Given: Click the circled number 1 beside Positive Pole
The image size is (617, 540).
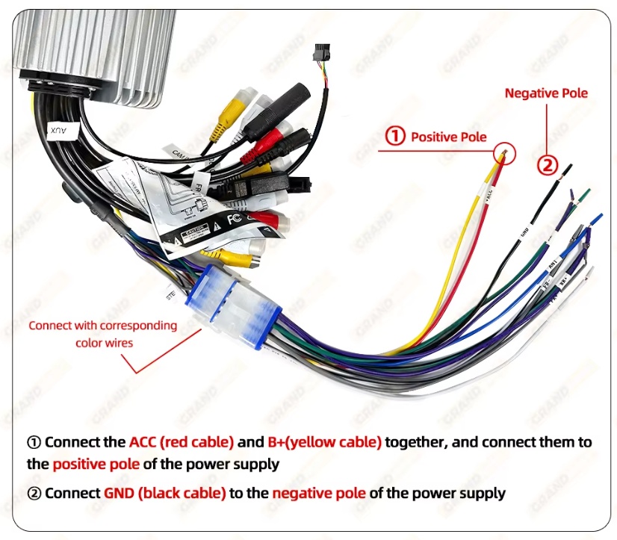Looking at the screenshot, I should [x=394, y=137].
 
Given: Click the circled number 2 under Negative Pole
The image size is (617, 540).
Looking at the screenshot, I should [x=548, y=164].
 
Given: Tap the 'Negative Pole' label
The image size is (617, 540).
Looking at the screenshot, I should [x=546, y=93].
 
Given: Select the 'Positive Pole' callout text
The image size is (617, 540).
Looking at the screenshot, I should [x=448, y=137].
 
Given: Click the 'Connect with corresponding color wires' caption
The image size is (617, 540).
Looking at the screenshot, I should [x=103, y=334].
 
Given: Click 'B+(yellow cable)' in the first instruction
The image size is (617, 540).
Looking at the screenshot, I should [x=324, y=441].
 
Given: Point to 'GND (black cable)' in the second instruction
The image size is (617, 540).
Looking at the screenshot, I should [x=164, y=493].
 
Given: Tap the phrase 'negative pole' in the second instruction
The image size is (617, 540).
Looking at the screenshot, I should [x=319, y=493].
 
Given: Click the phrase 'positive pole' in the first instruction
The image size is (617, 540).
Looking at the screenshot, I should [x=96, y=464].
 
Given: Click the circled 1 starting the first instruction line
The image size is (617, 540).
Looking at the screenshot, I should [x=34, y=441].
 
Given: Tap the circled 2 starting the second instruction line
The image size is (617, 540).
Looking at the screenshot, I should [x=34, y=493].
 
